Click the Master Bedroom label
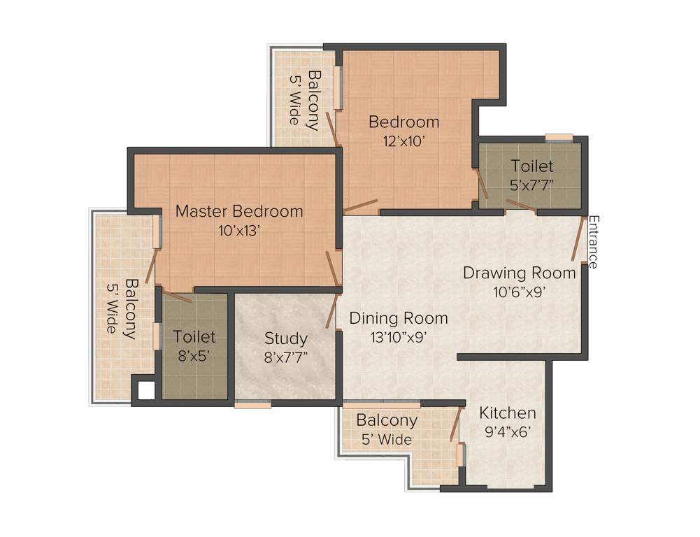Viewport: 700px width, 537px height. coord(239,210)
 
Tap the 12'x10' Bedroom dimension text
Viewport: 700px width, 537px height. coord(404,141)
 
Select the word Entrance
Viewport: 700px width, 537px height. coord(593,242)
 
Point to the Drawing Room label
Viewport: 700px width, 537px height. coord(519,273)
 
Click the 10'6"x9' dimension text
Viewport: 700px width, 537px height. coord(518,291)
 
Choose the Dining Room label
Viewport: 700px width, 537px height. coord(399,318)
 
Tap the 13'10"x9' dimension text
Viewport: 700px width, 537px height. coord(399,336)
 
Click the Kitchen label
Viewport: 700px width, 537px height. coord(508,413)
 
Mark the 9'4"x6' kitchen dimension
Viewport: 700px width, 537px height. coord(508,431)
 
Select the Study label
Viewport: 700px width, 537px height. coord(285,338)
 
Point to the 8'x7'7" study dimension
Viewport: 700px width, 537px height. coord(285,357)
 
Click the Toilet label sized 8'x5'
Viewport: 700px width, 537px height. coord(194,336)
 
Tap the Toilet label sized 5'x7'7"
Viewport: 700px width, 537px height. coord(531,166)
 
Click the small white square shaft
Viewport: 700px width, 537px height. coord(145,390)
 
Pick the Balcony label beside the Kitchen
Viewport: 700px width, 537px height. coord(387,421)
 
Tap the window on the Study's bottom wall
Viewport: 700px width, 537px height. coord(252,404)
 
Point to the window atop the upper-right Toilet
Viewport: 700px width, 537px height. coord(559,137)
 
